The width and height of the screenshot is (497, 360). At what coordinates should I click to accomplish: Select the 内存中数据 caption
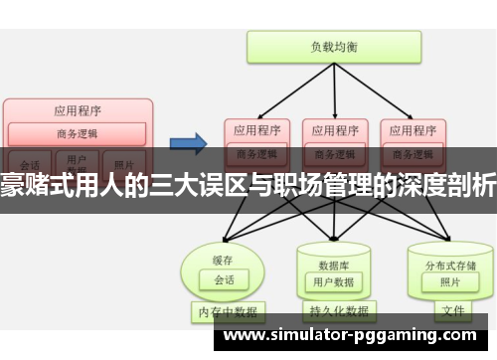point(225,311)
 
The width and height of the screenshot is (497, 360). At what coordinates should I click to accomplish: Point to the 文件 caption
point(452,310)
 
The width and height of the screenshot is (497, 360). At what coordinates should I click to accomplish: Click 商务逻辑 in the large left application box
point(78,132)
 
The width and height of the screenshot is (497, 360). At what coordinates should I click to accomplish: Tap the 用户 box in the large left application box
point(77,158)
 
